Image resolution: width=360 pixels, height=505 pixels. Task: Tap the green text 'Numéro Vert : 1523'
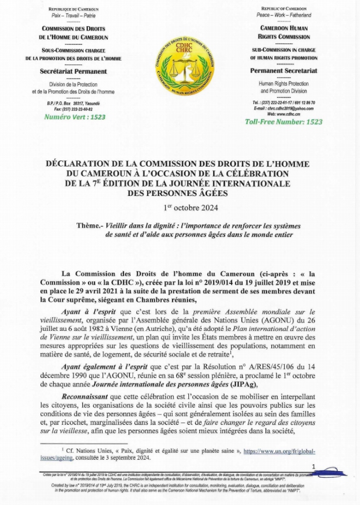74,117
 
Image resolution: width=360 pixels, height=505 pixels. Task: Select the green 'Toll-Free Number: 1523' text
284,121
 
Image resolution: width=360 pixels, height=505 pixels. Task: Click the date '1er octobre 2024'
180,207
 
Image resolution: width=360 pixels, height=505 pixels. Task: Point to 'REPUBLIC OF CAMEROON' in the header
284,9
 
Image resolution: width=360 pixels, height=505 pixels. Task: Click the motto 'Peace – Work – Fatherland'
284,15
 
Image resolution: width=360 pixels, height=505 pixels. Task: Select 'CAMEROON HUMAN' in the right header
284,28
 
